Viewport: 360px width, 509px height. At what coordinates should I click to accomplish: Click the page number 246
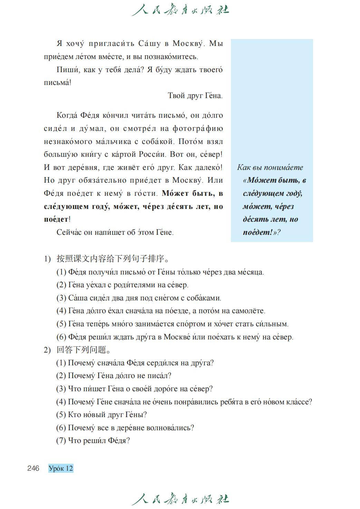(33, 468)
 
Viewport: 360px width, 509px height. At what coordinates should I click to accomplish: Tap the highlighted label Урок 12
(61, 468)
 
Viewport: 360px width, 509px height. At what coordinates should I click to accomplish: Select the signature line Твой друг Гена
(195, 96)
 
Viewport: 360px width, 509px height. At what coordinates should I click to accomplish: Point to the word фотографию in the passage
(198, 128)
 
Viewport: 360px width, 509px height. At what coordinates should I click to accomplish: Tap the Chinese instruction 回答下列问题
(84, 350)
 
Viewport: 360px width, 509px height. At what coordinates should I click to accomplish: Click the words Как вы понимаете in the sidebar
(270, 167)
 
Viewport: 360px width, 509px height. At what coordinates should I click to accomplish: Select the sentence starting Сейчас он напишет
(115, 232)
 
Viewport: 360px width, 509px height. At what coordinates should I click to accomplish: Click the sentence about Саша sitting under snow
(139, 298)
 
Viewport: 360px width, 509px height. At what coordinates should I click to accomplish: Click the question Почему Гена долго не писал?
(114, 376)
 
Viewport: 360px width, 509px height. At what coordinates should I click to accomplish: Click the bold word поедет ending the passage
(56, 219)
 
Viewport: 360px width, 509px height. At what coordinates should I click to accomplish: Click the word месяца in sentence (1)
(250, 272)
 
